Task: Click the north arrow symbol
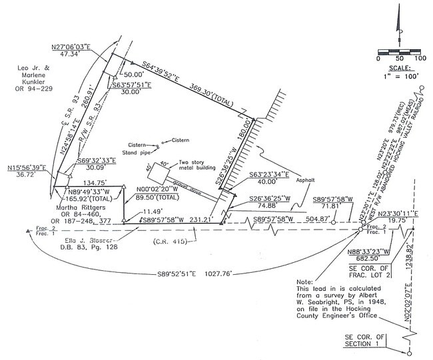click(x=399, y=27)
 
